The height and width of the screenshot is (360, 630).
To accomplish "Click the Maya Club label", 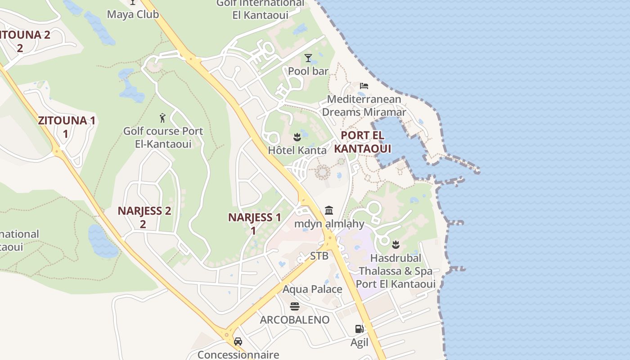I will click(133, 14).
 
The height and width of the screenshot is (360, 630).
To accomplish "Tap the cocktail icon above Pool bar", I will click(308, 58).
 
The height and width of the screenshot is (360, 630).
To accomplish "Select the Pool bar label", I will click(308, 71).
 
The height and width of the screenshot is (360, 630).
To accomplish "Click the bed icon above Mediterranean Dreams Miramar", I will click(364, 86).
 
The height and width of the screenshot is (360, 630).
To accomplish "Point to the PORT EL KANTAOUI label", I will click(362, 142).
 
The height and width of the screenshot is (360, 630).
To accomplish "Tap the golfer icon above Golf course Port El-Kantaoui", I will click(163, 118).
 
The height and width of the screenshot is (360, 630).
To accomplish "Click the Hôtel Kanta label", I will click(297, 150).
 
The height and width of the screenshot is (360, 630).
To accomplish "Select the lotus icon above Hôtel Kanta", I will click(297, 136).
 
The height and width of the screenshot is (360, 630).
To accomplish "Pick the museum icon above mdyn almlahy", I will click(329, 210).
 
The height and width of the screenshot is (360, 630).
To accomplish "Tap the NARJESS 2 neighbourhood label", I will click(144, 217).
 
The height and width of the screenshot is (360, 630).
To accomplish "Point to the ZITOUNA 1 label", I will click(66, 126).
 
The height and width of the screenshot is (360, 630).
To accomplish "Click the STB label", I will click(319, 256).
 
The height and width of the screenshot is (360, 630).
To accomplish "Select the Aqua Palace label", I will click(312, 289).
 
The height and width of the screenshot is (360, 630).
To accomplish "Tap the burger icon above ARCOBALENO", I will click(295, 306).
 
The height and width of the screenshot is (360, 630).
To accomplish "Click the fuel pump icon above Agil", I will click(359, 329).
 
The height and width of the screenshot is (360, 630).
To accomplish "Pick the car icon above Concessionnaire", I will click(238, 342).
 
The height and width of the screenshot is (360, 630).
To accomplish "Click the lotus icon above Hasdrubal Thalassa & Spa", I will click(396, 244).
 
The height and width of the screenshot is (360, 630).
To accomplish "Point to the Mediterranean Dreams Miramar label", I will click(364, 105).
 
